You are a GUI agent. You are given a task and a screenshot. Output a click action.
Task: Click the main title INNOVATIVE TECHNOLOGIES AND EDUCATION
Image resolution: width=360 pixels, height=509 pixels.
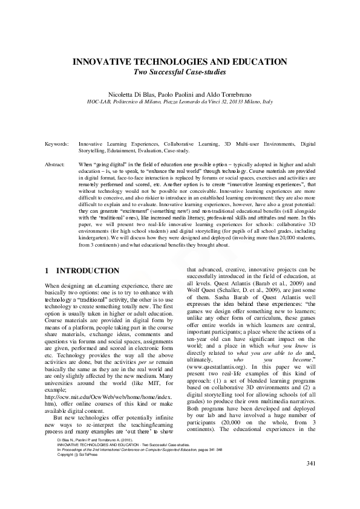click(180, 62)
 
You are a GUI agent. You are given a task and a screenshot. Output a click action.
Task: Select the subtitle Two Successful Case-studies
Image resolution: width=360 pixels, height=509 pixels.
click(180, 73)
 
